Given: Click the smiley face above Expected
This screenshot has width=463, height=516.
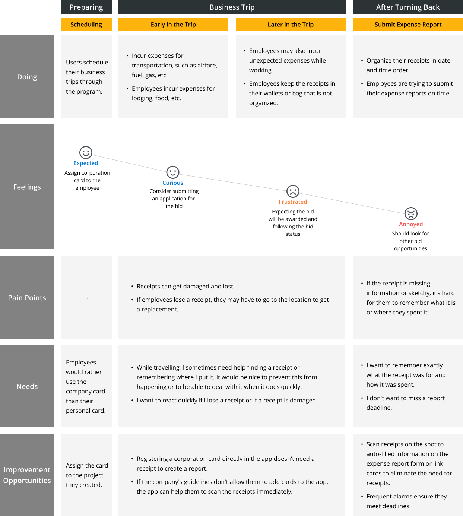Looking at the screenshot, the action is click(x=86, y=152).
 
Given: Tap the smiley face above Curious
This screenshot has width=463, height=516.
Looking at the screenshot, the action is click(x=172, y=172).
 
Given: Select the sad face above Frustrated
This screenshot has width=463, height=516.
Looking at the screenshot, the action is click(x=293, y=191).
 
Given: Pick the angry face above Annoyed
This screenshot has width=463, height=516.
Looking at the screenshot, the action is click(x=411, y=213).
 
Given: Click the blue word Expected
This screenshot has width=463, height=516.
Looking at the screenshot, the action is click(x=86, y=163).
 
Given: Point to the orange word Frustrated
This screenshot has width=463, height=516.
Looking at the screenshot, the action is click(x=293, y=202).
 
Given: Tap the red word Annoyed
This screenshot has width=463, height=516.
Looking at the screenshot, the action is click(x=411, y=224).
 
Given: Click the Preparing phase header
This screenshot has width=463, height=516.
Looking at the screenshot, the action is click(x=86, y=7).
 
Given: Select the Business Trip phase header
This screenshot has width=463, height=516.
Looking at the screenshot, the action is click(x=232, y=7).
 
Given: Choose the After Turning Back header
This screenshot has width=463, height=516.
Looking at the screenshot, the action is click(x=408, y=7).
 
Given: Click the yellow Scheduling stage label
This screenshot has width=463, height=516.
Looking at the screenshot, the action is click(x=86, y=25).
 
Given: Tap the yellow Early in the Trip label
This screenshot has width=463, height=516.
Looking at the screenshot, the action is click(x=173, y=25).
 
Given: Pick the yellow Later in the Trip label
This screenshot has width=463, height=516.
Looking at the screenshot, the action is click(x=291, y=25).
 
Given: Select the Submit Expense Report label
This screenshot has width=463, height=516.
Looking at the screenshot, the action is click(x=408, y=25).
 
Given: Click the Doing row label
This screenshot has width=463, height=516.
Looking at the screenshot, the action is click(x=27, y=77).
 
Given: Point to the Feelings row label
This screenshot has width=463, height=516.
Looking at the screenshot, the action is click(x=27, y=187).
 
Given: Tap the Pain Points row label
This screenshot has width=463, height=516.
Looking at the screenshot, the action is click(x=27, y=298).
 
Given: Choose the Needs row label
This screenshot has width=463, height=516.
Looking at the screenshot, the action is click(x=27, y=386).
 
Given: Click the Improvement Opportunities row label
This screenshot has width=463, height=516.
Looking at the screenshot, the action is click(x=27, y=475).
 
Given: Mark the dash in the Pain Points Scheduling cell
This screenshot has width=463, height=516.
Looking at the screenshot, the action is click(x=88, y=298).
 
